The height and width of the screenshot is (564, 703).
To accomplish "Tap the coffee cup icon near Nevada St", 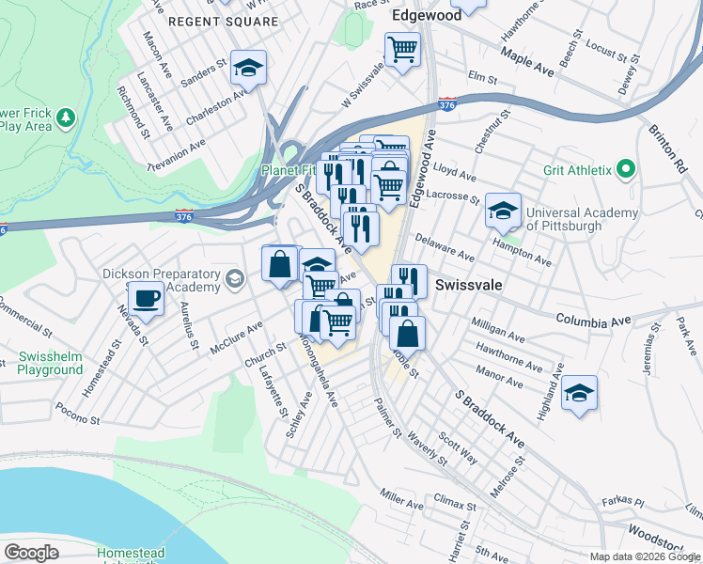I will pyautogui.click(x=146, y=299).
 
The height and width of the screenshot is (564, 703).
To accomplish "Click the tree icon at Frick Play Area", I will pyautogui.click(x=65, y=117).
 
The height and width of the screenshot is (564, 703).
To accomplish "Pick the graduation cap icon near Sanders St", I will pyautogui.click(x=249, y=68).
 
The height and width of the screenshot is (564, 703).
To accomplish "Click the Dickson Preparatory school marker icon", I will pyautogui.click(x=233, y=278).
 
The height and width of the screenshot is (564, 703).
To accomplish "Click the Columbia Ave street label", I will pyautogui.click(x=592, y=320).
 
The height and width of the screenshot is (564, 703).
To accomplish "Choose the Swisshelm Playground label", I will pyautogui.click(x=51, y=364).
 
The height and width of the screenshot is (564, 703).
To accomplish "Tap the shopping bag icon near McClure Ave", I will pyautogui.click(x=280, y=265).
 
